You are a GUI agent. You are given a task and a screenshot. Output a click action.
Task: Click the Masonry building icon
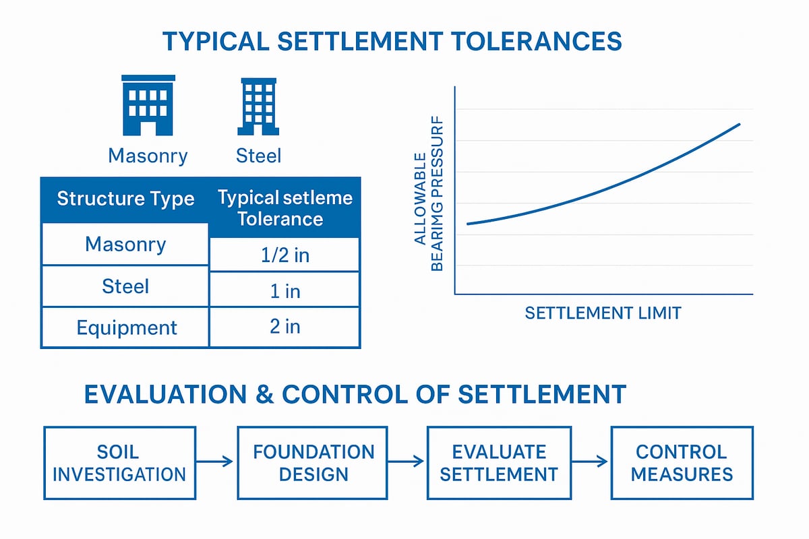pos(148,105)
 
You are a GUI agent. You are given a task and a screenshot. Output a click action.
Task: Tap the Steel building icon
pos(258,106)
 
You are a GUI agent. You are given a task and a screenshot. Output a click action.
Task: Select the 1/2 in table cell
pos(284,255)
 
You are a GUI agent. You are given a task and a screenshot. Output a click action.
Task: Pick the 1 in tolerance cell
pos(284,290)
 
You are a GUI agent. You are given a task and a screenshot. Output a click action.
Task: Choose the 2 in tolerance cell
pos(284,327)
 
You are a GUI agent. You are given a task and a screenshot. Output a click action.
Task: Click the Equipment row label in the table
pos(126,327)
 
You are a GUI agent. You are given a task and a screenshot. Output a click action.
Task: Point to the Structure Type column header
pos(125,199)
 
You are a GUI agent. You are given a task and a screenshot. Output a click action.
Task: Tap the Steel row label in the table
pos(126,286)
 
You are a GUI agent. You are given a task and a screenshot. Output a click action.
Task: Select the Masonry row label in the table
pos(125,244)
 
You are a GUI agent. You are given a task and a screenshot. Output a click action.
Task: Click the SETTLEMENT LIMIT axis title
pos(603,313)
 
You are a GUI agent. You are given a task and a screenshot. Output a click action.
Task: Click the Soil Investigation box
pos(119,462)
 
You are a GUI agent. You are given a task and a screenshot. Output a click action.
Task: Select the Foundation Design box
pos(313,462)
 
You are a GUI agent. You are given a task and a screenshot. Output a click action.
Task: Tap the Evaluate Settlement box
pos(499,462)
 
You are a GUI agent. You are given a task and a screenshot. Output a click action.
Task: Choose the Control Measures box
pos(682,462)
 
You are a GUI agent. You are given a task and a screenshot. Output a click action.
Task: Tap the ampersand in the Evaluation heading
pos(261,395)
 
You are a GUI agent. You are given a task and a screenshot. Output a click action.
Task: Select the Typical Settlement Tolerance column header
pos(284,208)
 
